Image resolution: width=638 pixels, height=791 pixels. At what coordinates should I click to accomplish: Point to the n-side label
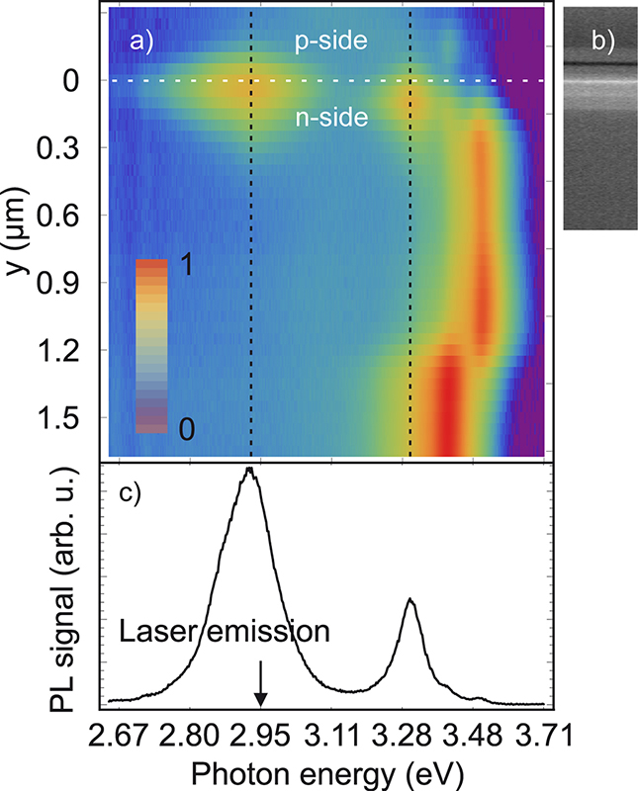332,119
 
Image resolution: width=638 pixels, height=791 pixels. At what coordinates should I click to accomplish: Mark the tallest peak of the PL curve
249,470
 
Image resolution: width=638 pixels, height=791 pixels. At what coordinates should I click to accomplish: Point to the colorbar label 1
185,266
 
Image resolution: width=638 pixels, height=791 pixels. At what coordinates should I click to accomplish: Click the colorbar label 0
185,429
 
